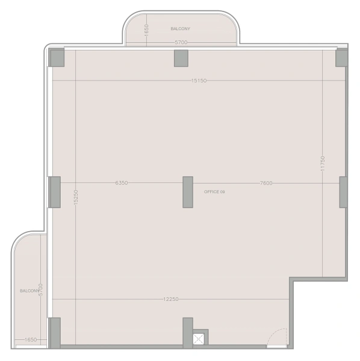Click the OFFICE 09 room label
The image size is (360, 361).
point(214,191)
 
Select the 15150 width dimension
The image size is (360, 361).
point(199,80)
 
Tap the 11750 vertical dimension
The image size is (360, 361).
point(323,164)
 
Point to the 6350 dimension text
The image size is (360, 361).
point(121,183)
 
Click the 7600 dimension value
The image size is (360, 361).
point(266,183)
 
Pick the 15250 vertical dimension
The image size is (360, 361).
point(76,199)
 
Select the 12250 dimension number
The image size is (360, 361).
point(171,299)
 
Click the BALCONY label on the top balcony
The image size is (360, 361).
point(180,28)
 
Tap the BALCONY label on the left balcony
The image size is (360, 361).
point(29,291)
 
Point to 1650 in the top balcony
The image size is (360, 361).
point(146,29)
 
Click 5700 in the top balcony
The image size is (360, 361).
point(181,42)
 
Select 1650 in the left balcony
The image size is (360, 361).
point(30,340)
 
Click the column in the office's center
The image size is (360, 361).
point(188,192)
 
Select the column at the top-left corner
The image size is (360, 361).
point(57,58)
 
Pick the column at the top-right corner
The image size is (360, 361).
point(341,58)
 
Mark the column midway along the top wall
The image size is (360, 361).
point(181,58)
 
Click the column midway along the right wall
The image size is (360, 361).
point(343,192)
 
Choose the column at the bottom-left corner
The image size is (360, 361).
point(55,332)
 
